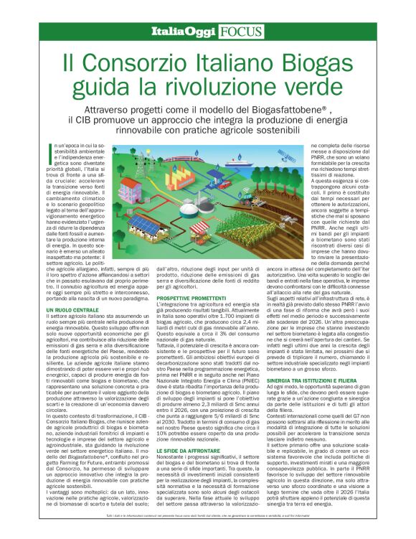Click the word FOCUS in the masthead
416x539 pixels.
click(242, 31)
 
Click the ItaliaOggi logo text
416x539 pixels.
click(184, 31)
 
